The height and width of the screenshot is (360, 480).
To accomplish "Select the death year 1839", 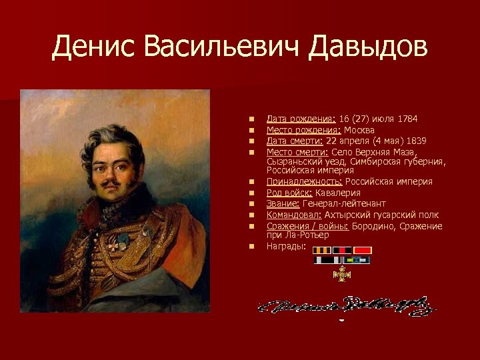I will (x=415, y=141).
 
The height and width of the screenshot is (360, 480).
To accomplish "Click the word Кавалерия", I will (x=339, y=193).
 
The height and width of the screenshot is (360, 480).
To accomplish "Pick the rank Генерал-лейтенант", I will (x=344, y=203).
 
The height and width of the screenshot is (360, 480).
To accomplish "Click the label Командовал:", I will (x=294, y=215).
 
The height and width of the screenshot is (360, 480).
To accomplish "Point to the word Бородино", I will (x=374, y=226).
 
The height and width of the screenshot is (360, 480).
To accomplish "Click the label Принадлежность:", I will (x=304, y=181).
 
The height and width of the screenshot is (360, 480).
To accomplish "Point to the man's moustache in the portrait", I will (x=112, y=181).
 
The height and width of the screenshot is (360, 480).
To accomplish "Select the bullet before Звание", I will (x=252, y=204).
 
